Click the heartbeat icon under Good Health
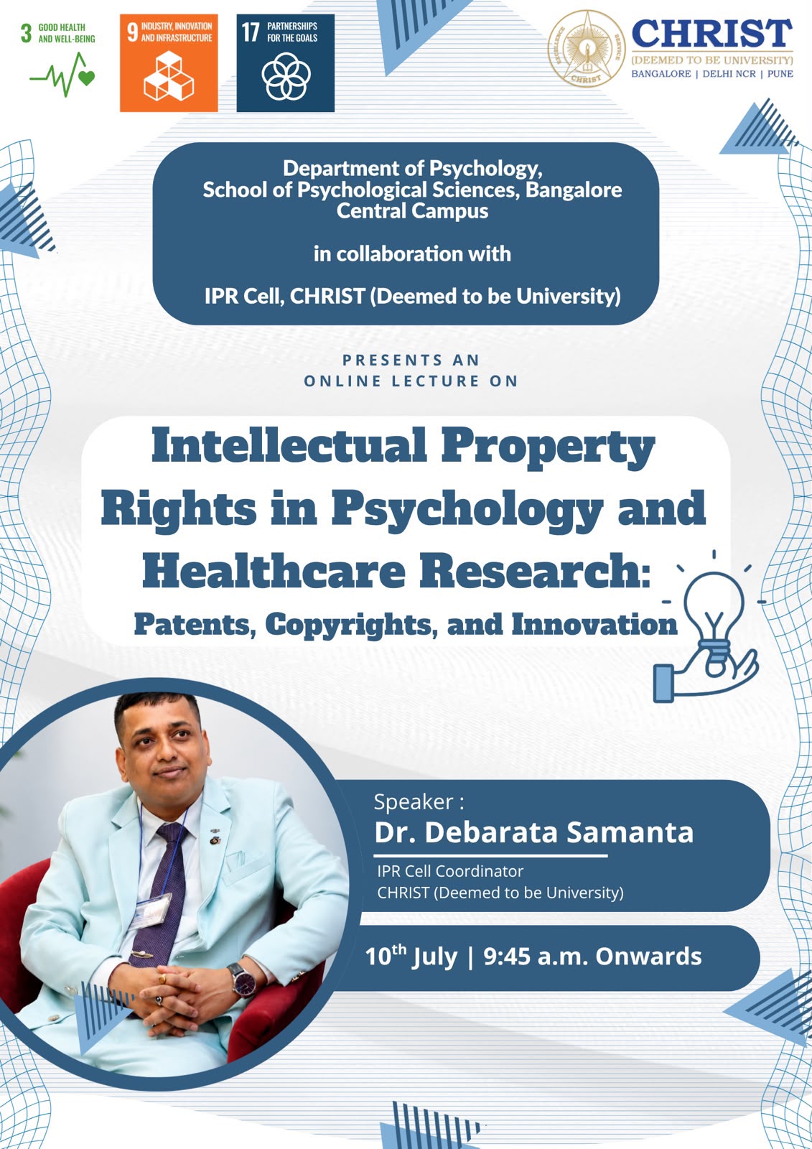point(62,75)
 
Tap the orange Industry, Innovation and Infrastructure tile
point(169,62)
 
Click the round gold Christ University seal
point(587,50)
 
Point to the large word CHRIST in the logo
point(712,33)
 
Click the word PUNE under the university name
point(780,74)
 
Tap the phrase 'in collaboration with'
point(412,254)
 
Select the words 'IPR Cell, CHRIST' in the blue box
point(285,296)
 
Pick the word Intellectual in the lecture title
point(289,445)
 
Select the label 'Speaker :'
point(419,801)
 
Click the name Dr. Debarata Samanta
point(533,832)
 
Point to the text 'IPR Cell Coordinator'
point(450,871)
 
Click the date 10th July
point(411,956)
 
